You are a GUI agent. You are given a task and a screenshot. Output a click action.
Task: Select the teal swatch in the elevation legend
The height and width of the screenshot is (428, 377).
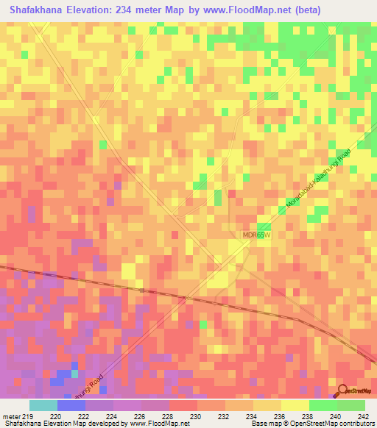43,405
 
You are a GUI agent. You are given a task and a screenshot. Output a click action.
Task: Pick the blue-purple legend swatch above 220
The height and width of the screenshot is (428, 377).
71,405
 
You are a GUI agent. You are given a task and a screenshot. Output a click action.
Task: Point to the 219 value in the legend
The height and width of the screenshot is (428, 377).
27,415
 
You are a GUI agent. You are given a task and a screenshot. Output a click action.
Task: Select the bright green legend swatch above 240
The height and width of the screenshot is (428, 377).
323,405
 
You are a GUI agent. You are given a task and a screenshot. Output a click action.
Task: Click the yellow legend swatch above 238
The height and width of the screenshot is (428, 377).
295,405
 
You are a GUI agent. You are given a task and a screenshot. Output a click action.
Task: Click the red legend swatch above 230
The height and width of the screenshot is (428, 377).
183,405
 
